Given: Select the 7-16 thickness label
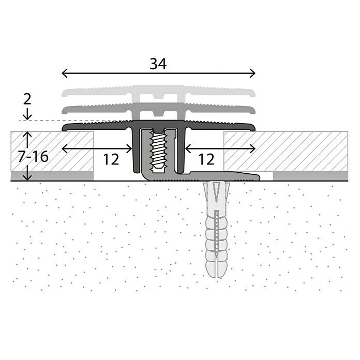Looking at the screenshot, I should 33,156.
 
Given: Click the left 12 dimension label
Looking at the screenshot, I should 111,159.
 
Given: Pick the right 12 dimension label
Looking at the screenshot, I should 206,159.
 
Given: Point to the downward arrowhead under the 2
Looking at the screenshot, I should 28,117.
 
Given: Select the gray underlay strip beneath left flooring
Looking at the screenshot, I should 52,175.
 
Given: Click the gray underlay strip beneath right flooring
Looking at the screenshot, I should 310,175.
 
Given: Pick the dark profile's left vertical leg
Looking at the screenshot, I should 136,153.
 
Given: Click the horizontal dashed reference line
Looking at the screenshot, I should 41,121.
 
